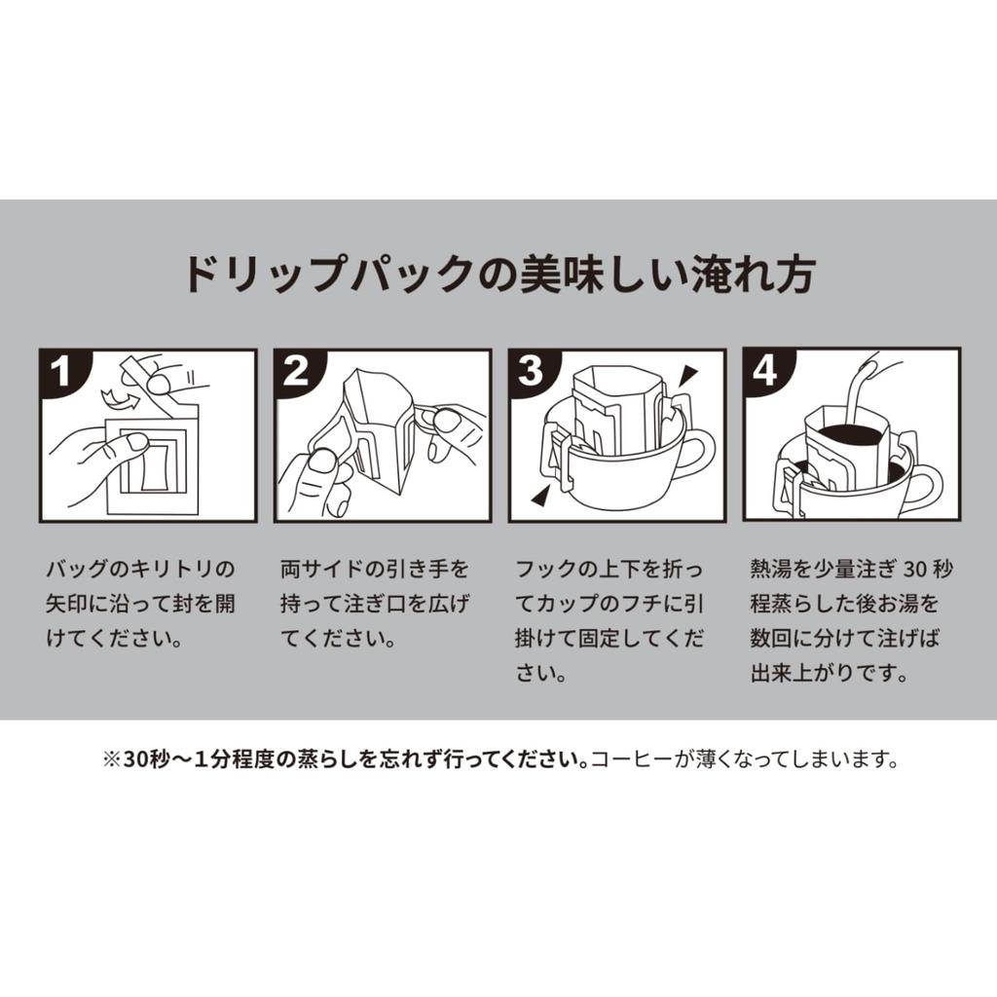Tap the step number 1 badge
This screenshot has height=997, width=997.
coord(61,371)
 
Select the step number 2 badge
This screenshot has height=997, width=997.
coord(296,371)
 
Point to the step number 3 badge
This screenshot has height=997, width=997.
coord(531,371)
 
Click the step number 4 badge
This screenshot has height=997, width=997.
coord(765,371)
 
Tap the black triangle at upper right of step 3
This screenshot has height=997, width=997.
coord(687,377)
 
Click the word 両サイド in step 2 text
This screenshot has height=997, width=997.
coord(322,569)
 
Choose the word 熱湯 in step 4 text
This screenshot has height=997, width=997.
coord(771,569)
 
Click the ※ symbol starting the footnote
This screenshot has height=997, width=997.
coord(112,759)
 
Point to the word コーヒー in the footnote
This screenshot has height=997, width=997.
coord(631,759)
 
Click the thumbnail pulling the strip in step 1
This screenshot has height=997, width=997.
coord(159,383)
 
